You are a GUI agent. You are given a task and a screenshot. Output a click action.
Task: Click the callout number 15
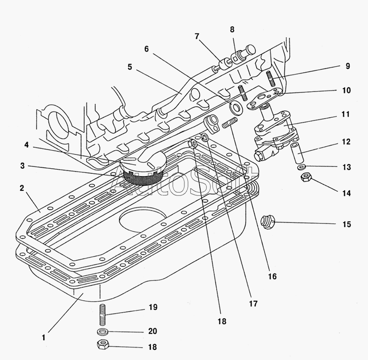pos(346,224)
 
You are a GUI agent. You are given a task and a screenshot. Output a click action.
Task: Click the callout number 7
pos(196,37)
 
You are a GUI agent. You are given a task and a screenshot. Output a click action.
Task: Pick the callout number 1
pos(43,337)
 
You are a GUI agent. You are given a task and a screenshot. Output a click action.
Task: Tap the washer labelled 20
pos(103,331)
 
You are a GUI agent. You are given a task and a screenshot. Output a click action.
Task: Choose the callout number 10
pos(346,91)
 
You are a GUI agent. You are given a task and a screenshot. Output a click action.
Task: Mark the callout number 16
pos(272,277)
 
